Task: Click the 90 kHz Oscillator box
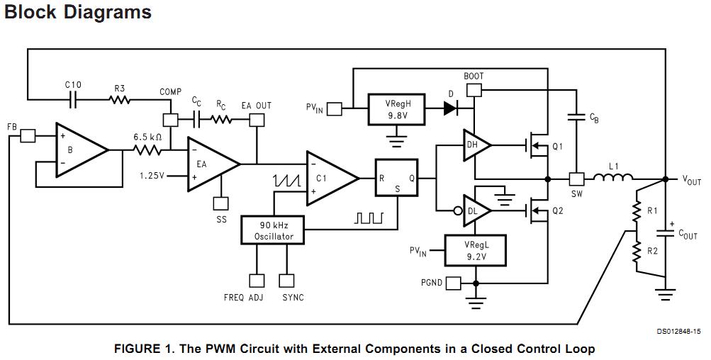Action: point(273,230)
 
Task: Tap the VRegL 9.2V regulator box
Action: point(475,250)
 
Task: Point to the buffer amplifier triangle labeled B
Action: point(79,150)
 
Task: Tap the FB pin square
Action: point(27,135)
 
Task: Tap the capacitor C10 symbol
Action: point(73,99)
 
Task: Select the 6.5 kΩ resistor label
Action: point(147,137)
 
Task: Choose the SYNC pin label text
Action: point(293,298)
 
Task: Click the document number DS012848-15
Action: point(679,331)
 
